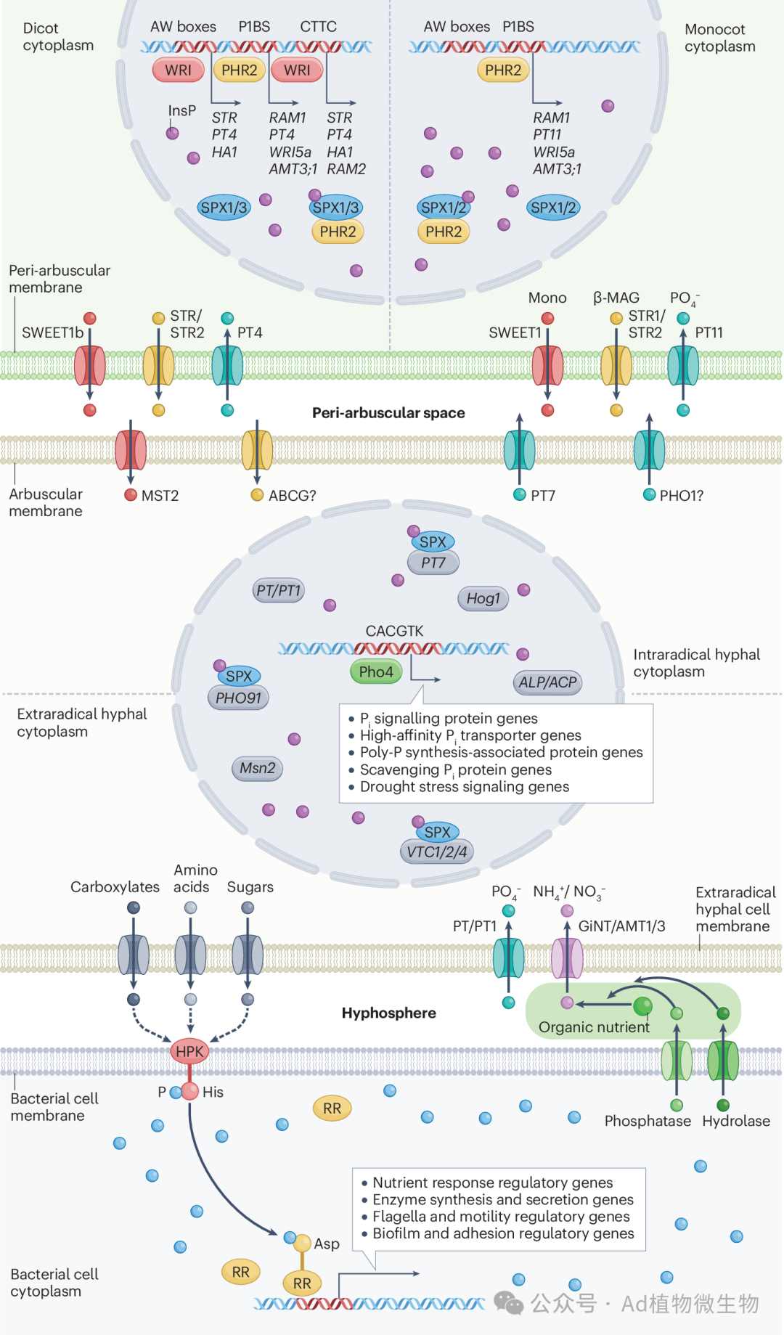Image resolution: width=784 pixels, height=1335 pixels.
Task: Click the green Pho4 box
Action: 375,671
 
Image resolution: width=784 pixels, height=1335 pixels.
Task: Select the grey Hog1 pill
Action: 483,598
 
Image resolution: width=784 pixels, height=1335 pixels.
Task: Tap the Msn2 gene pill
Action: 257,768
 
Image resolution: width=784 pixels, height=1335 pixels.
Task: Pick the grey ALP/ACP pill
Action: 547,682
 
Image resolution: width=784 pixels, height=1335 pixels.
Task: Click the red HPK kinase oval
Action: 189,1051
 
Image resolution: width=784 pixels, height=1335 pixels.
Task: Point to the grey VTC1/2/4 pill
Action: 436,852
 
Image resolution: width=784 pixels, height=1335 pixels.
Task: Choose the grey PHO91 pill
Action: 237,698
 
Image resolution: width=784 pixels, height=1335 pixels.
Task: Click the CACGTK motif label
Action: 394,631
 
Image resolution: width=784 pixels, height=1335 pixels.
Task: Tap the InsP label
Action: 181,110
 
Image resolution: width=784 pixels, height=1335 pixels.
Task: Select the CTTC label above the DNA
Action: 318,27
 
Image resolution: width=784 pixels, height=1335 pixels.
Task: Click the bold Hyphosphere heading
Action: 388,1013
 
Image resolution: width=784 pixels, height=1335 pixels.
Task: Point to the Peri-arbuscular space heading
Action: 388,413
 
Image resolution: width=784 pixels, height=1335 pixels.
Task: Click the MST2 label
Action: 160,496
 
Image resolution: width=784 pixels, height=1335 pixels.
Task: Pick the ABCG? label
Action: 292,496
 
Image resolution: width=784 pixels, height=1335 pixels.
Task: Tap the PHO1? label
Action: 681,496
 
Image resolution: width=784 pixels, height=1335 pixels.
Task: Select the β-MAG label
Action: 616,298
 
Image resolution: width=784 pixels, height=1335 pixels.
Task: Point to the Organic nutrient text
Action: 594,1027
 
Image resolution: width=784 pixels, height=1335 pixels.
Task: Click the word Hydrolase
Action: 735,1121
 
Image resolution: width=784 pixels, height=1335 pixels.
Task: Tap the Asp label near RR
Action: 327,1244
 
